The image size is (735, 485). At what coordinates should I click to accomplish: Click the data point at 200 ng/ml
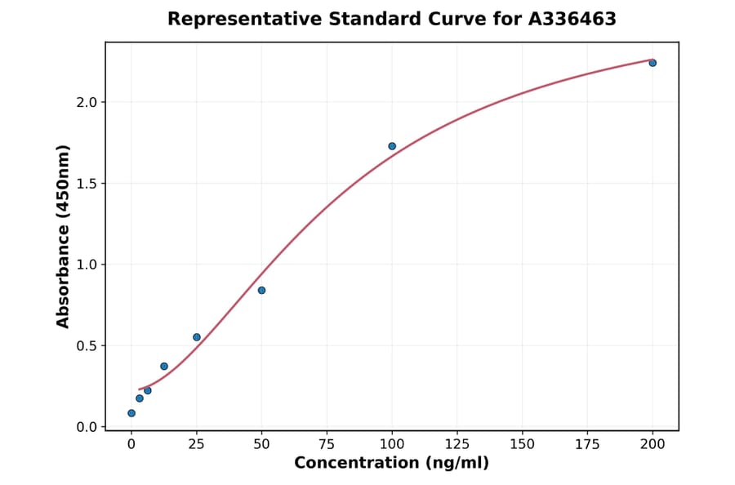click(653, 63)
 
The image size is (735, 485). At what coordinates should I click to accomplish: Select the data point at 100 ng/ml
click(392, 146)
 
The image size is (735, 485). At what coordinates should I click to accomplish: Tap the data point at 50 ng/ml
click(261, 290)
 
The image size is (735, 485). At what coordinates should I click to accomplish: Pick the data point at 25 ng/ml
click(197, 337)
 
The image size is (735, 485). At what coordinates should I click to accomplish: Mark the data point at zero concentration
click(131, 413)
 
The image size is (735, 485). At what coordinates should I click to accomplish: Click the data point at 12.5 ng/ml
click(164, 367)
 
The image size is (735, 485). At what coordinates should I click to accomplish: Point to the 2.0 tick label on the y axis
click(87, 102)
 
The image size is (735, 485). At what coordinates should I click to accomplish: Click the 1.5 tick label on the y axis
click(87, 184)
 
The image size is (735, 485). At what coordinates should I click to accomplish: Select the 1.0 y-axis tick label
click(87, 265)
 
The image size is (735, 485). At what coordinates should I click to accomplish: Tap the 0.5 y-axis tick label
click(87, 346)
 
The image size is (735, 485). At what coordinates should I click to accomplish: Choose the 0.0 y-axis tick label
click(87, 427)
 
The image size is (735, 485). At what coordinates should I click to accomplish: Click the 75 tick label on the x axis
click(327, 444)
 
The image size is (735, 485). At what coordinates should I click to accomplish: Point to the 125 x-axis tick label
click(457, 444)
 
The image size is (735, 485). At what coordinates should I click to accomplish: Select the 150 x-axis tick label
click(523, 444)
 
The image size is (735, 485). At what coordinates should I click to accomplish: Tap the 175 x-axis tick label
click(588, 444)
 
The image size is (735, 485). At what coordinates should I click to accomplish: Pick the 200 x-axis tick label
click(653, 444)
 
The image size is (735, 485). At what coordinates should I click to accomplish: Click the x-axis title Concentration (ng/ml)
click(392, 464)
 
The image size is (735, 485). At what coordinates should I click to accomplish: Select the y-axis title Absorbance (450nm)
click(64, 236)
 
